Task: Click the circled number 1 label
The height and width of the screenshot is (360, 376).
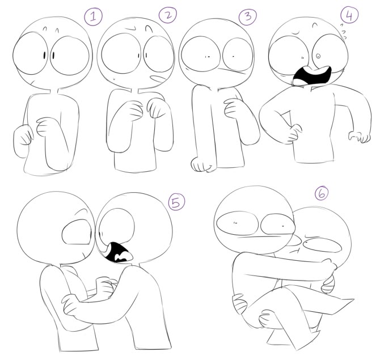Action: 93,16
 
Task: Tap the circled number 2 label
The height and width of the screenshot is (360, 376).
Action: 168,15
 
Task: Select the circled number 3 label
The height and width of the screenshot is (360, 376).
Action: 248,16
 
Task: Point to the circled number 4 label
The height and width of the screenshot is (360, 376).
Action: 349,15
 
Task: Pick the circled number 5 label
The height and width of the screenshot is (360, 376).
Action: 176,202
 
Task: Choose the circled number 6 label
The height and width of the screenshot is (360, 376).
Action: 322,193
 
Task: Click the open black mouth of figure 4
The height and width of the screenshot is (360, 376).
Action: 312,76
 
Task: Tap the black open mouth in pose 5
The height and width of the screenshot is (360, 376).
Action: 117,252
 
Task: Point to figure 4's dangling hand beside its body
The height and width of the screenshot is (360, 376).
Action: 359,137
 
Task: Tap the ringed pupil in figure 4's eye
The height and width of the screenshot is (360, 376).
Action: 318,56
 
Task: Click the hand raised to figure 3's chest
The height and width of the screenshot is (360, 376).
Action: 234,108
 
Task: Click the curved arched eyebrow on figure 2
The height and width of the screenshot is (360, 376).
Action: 149,29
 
